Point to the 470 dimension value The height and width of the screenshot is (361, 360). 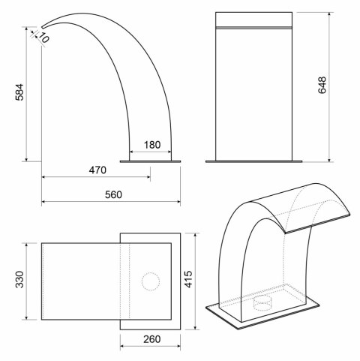96,170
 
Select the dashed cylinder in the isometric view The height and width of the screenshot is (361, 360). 262,303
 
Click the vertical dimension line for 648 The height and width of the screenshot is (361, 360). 331,86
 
